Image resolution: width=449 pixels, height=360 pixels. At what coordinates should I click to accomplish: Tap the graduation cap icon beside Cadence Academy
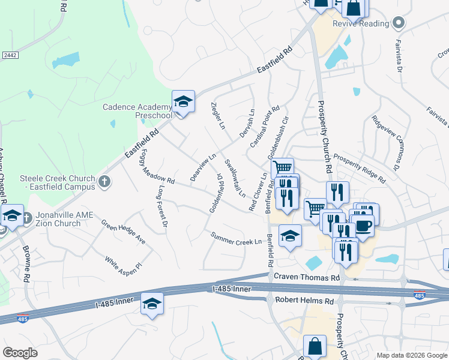pos(183,102)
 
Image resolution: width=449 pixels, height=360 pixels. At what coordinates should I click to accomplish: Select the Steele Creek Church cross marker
pos(104,181)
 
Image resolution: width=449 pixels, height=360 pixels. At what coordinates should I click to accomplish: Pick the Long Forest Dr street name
pos(161,206)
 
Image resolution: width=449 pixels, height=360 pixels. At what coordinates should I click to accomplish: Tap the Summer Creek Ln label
pos(236,238)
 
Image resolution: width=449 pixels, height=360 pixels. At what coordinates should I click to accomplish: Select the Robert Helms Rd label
pos(304,300)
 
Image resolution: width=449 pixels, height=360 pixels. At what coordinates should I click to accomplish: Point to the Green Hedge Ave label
pos(124,232)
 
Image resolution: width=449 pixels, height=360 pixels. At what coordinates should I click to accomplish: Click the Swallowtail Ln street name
pos(235,178)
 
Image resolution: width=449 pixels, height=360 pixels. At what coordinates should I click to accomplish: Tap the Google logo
pos(20,353)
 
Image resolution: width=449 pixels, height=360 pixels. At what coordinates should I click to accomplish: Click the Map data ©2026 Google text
pos(411,355)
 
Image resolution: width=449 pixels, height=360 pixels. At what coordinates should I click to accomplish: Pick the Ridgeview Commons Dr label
pos(387,142)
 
